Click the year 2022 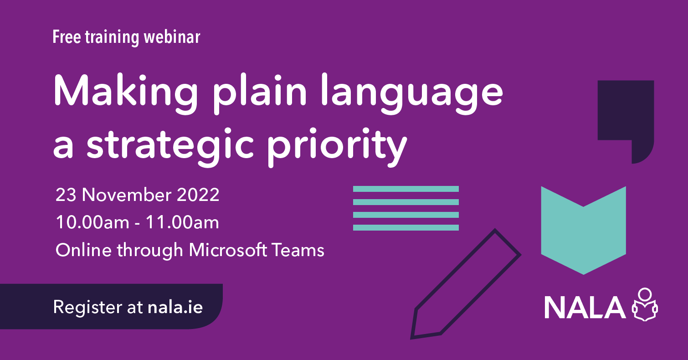click(x=200, y=195)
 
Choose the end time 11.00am click(x=182, y=223)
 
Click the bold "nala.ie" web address click(x=175, y=307)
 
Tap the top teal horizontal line click(x=406, y=189)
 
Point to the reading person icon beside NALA click(x=645, y=305)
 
